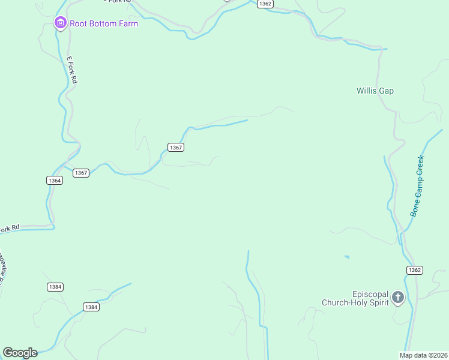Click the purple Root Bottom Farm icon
point(60,23)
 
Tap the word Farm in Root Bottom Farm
point(127,24)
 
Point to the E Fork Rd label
point(73,70)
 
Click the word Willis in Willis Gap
point(366,91)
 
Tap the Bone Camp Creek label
point(417,186)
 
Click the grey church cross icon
point(397,297)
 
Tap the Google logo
point(20,353)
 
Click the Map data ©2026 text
point(424,355)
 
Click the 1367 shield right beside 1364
point(81,173)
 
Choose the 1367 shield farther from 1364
point(175,147)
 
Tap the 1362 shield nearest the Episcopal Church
point(414,270)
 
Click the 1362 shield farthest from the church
point(265,4)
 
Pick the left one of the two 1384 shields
point(55,287)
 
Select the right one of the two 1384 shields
point(91,307)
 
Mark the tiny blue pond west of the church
point(347,257)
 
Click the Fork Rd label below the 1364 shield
point(10,228)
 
